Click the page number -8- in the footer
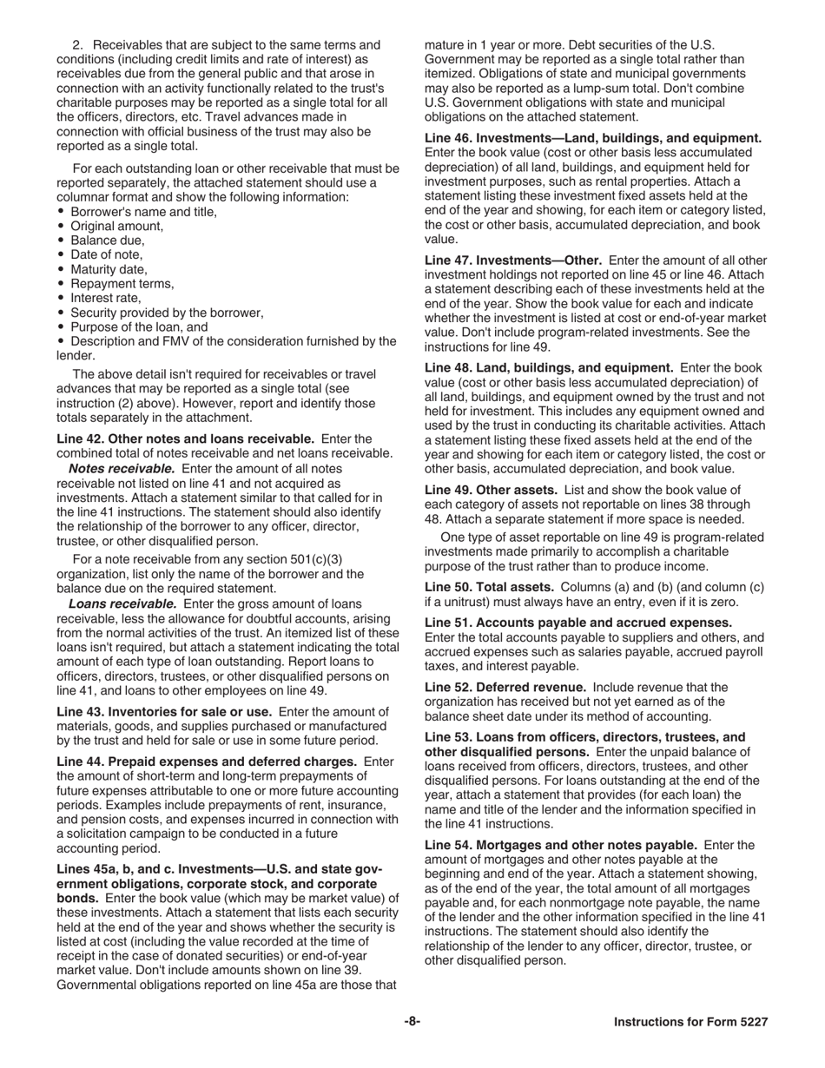click(x=412, y=1022)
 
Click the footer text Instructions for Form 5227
click(x=690, y=1022)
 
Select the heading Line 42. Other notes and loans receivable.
click(x=185, y=438)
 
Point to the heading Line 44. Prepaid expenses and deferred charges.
click(x=207, y=761)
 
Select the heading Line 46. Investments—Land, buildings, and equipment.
click(x=593, y=138)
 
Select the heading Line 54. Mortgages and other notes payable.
click(x=560, y=845)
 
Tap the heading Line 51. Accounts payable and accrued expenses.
click(x=577, y=623)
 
